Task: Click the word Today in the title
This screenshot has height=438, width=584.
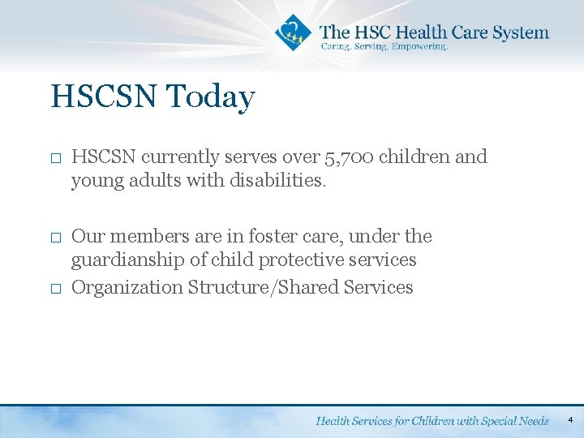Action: pos(211,97)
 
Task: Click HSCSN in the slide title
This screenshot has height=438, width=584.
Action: pos(105,97)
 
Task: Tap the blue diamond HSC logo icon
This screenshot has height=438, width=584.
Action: pos(292,32)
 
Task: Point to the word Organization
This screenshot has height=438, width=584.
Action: pos(127,287)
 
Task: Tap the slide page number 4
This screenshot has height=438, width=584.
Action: pos(570,420)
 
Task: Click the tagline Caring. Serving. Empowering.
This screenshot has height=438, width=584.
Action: pos(384,47)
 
